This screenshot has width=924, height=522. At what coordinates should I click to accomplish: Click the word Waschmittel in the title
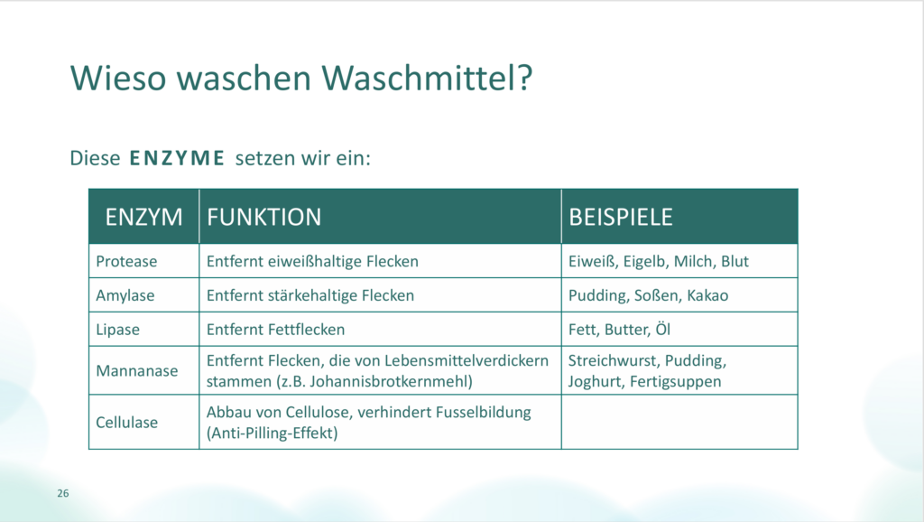click(427, 78)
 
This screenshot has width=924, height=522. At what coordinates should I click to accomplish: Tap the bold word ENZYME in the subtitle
click(178, 158)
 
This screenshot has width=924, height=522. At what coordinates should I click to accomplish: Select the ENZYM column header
click(143, 217)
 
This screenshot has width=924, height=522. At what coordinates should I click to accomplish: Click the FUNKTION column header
click(263, 217)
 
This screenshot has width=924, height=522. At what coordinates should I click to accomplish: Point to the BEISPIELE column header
click(620, 217)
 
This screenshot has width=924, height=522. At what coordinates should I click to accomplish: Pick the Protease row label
click(126, 261)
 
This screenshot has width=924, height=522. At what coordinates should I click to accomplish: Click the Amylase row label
click(125, 295)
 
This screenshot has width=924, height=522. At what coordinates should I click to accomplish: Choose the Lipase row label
click(118, 329)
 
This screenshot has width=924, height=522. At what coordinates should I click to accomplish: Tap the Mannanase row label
click(137, 370)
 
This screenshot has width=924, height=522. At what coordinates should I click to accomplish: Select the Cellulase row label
click(126, 423)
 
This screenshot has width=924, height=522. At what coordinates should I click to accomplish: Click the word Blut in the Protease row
click(735, 261)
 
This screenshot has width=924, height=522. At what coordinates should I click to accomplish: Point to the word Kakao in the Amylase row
click(707, 295)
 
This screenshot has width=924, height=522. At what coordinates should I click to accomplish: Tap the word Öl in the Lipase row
click(663, 328)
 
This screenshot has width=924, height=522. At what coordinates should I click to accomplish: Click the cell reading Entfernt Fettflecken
click(275, 329)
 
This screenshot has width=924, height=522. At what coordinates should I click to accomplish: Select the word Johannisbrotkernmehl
click(391, 381)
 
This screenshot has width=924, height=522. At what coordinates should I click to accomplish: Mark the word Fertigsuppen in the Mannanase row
click(675, 382)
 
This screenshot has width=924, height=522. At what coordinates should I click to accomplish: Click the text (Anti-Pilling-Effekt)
click(273, 433)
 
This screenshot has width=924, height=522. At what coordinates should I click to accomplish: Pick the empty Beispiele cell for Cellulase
click(679, 422)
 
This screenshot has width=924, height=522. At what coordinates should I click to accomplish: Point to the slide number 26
click(63, 493)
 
